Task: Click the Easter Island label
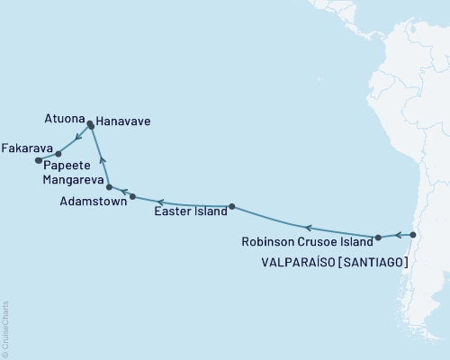click(191, 212)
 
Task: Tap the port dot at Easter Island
click(232, 206)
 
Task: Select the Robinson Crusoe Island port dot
click(378, 238)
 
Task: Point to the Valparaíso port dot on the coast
click(413, 235)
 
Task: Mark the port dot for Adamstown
click(132, 196)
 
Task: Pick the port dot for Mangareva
click(109, 187)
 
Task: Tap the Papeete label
click(65, 166)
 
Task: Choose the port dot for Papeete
click(58, 154)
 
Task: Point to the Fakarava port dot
click(38, 161)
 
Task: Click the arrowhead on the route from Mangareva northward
click(103, 160)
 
